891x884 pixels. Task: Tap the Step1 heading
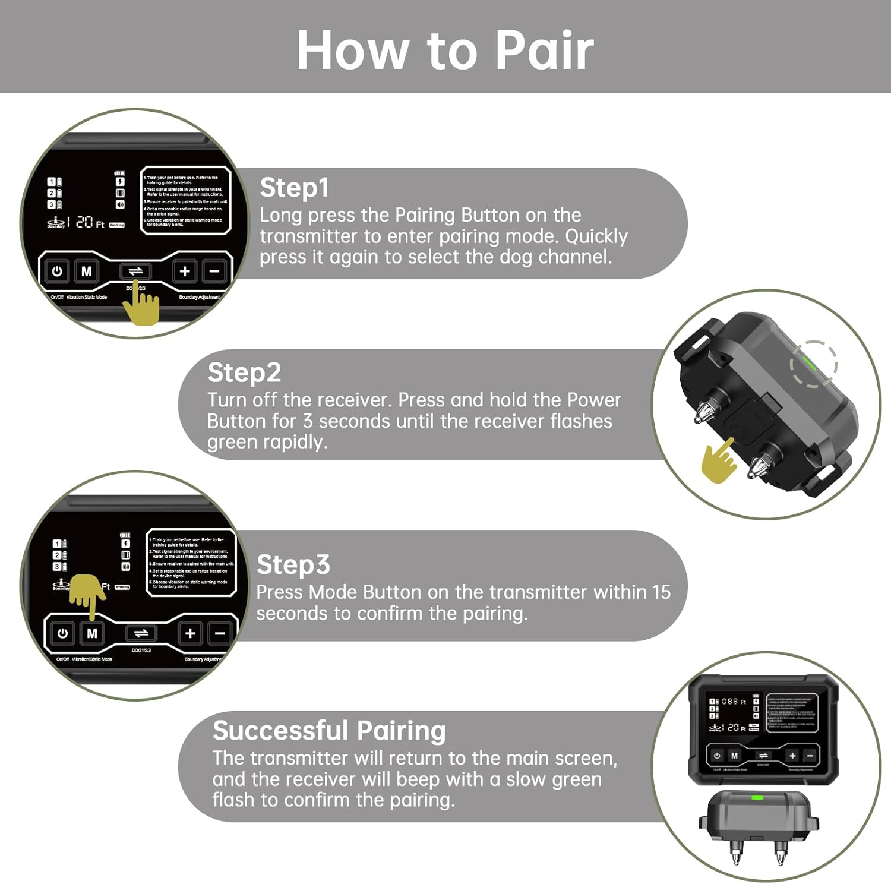point(294,188)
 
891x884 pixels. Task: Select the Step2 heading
point(244,372)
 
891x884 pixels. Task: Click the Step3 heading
point(293,564)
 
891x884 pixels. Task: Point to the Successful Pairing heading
point(329,731)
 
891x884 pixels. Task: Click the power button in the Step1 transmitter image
point(57,271)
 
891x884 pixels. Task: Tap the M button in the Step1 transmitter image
point(87,271)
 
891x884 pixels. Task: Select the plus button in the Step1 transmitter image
point(185,271)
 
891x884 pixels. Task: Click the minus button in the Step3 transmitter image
point(220,634)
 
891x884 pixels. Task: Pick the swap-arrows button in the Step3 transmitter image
point(141,634)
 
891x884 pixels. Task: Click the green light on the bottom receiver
point(757,797)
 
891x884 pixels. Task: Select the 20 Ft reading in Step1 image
point(90,222)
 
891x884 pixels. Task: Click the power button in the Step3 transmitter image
point(62,634)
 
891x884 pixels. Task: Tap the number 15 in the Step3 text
point(661,592)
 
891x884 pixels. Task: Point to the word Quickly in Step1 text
point(596,236)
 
